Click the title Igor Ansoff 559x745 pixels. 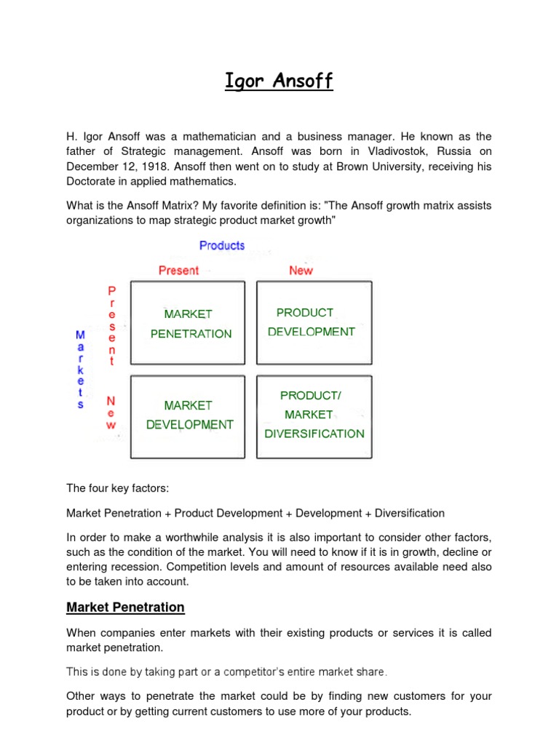pos(279,81)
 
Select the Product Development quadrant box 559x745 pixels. pos(314,322)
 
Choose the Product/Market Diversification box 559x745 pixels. pos(314,415)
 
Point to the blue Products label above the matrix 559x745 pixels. pos(222,246)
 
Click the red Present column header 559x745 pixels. pos(178,271)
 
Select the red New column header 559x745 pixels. pos(301,271)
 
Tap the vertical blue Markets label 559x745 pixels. pos(80,370)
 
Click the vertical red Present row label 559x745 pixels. pos(111,326)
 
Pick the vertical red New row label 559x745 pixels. pos(111,413)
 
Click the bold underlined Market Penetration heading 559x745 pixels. pos(125,607)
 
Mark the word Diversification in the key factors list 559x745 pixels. pos(409,513)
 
